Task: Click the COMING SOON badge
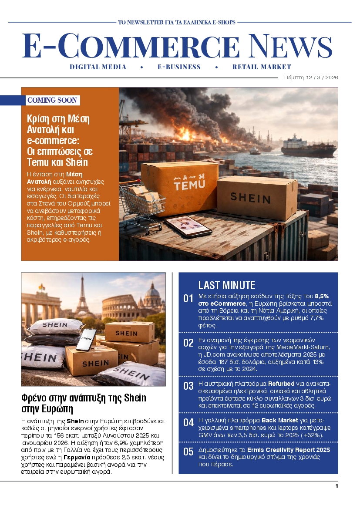[x=52, y=100]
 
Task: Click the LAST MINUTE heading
[x=226, y=286]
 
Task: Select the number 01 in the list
[x=188, y=299]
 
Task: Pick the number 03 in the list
[x=188, y=386]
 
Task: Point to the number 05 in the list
[x=188, y=452]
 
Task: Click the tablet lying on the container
[x=182, y=226]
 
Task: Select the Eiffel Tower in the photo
[x=81, y=300]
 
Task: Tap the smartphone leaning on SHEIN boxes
[x=86, y=340]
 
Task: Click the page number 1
[x=336, y=486]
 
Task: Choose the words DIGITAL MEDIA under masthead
[x=98, y=67]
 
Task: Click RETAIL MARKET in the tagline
[x=262, y=67]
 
